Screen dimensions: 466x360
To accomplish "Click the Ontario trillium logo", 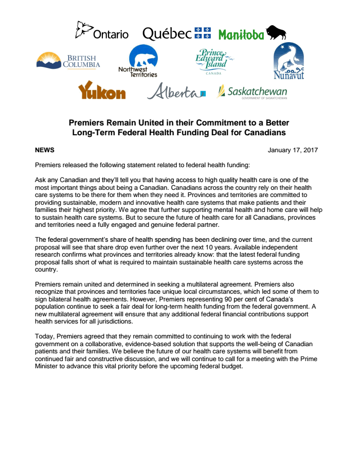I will [x=83, y=30].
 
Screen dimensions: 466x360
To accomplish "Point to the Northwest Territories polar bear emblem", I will [x=143, y=56].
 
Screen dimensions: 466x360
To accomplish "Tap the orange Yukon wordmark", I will [x=102, y=91].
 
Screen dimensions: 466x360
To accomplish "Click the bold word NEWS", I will [x=45, y=150].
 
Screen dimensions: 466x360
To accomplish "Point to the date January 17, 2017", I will [x=293, y=150].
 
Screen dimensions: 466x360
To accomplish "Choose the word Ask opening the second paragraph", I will [x=41, y=180].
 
